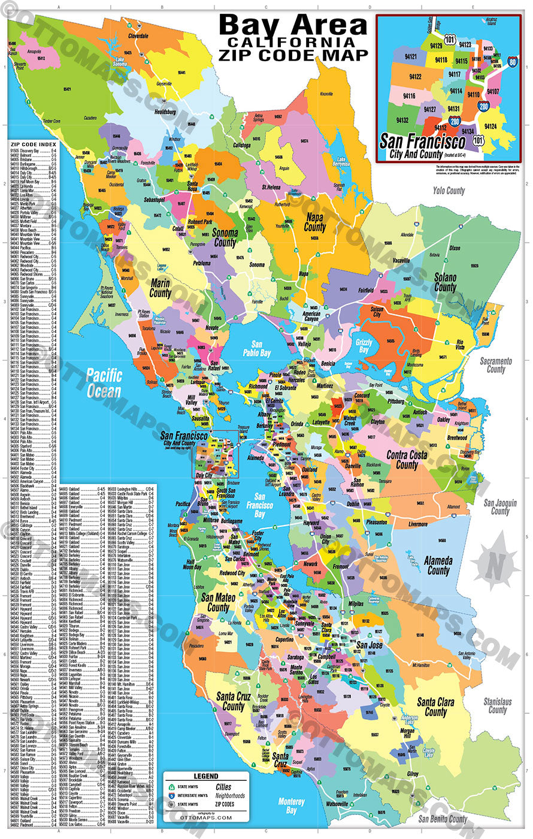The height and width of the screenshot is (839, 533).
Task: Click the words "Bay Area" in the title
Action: (x=292, y=25)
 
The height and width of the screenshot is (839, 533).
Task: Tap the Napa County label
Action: (x=314, y=222)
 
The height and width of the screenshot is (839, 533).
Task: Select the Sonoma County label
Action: (x=225, y=238)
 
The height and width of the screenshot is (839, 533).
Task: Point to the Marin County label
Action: (x=160, y=288)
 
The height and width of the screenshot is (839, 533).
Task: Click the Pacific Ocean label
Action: (x=104, y=383)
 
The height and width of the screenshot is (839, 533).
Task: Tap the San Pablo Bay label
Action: (x=257, y=349)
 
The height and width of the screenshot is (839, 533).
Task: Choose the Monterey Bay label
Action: (x=292, y=805)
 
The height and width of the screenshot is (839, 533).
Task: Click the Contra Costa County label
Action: (x=407, y=460)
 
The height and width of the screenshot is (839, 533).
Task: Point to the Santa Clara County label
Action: (x=435, y=707)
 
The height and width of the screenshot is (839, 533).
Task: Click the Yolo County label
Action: (x=449, y=191)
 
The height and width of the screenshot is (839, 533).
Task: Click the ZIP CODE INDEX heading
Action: (x=33, y=144)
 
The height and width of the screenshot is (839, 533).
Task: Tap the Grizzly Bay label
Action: (x=364, y=346)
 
